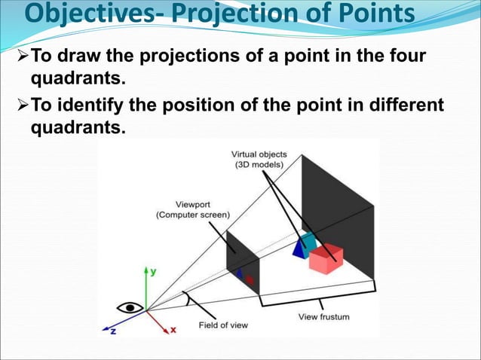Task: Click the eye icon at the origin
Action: click(x=129, y=307)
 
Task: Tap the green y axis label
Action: click(x=153, y=272)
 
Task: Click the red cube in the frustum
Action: click(x=326, y=258)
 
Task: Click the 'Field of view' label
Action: click(x=222, y=325)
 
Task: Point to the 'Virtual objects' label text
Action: click(x=259, y=155)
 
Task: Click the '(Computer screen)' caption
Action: click(x=193, y=215)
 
